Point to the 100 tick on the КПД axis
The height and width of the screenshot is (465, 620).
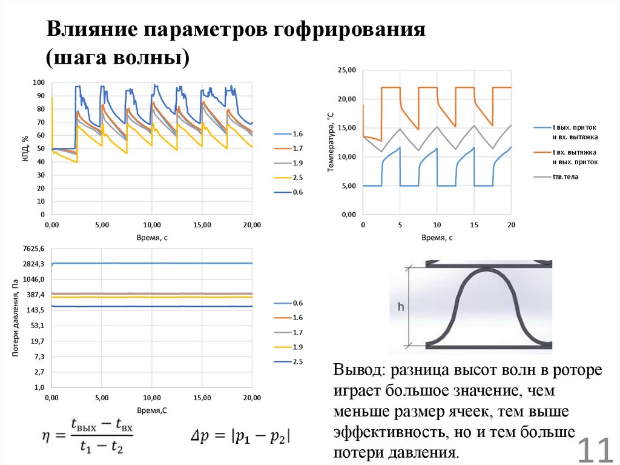tap(39, 82)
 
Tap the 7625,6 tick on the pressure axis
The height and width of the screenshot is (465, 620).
tap(33, 249)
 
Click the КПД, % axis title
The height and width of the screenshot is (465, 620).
tap(25, 147)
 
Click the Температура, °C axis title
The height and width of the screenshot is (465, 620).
tap(331, 142)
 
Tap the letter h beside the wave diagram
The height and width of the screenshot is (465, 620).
tap(400, 307)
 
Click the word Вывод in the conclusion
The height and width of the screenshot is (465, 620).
tap(360, 370)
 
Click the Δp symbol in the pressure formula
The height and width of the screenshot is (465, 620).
tap(198, 436)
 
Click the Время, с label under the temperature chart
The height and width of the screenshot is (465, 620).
tap(437, 238)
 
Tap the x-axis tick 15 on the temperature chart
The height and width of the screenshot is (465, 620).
tap(474, 225)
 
